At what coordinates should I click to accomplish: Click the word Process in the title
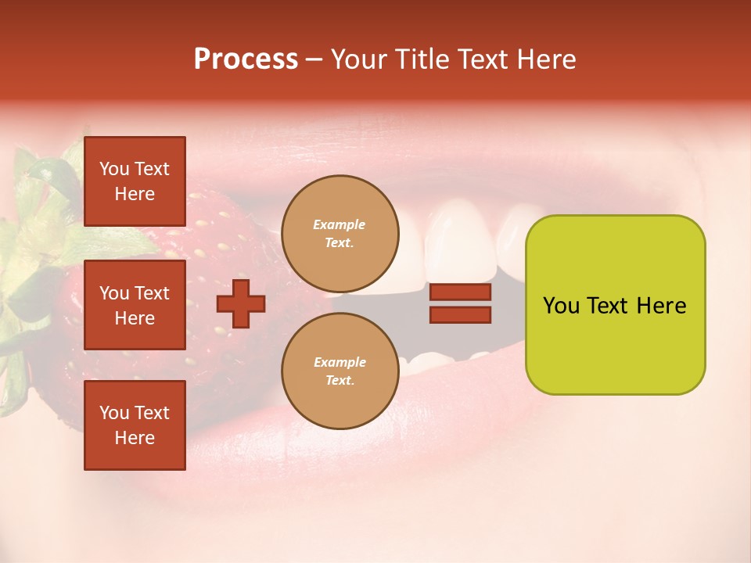(x=246, y=59)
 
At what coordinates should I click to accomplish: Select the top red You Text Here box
(x=135, y=181)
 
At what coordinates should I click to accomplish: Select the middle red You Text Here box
(x=135, y=305)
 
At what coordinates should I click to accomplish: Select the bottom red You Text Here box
(x=135, y=425)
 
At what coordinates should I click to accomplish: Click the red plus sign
(x=241, y=303)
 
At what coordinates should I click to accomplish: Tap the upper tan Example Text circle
(x=340, y=233)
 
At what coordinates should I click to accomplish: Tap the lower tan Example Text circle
(x=340, y=371)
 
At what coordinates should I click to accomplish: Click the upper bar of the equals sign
(x=460, y=292)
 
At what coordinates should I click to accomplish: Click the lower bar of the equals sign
(x=460, y=314)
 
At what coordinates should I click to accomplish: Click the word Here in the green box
(x=661, y=306)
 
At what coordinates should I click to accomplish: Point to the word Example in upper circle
(x=340, y=224)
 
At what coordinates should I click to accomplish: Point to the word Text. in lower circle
(x=340, y=381)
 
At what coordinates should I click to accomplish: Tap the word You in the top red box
(x=113, y=169)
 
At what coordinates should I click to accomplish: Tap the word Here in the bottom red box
(x=135, y=438)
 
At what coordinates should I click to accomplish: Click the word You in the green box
(x=561, y=306)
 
